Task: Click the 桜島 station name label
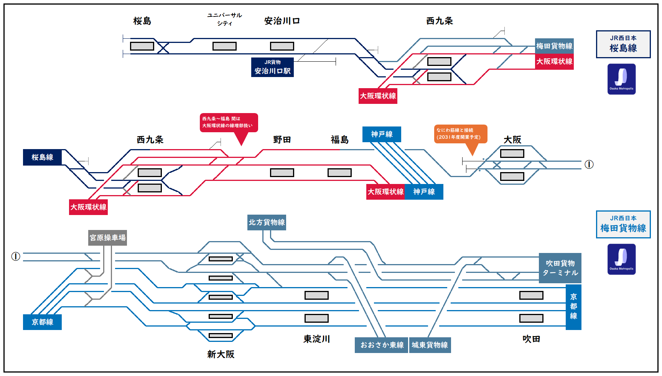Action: pos(142,21)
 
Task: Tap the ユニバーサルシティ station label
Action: pos(224,19)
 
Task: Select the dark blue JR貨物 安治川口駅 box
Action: pos(272,67)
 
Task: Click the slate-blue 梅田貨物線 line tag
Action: pos(554,46)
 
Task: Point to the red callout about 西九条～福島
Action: pos(229,123)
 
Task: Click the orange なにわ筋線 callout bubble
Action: pos(460,134)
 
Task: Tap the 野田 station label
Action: pos(282,140)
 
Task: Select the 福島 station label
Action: pos(339,140)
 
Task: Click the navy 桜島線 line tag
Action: pos(42,157)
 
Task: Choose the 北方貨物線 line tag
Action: pos(267,222)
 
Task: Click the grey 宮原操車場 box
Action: pos(107,238)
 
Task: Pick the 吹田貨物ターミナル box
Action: pos(560,268)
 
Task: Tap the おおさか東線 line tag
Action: pos(382,345)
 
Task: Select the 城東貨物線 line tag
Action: pos(430,345)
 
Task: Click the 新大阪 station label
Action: pos(221,354)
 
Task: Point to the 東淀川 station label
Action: pos(316,339)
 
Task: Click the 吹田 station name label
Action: pos(531,339)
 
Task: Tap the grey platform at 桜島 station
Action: pos(142,46)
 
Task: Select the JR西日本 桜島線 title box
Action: pos(623,44)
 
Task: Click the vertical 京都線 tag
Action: pos(573,307)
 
